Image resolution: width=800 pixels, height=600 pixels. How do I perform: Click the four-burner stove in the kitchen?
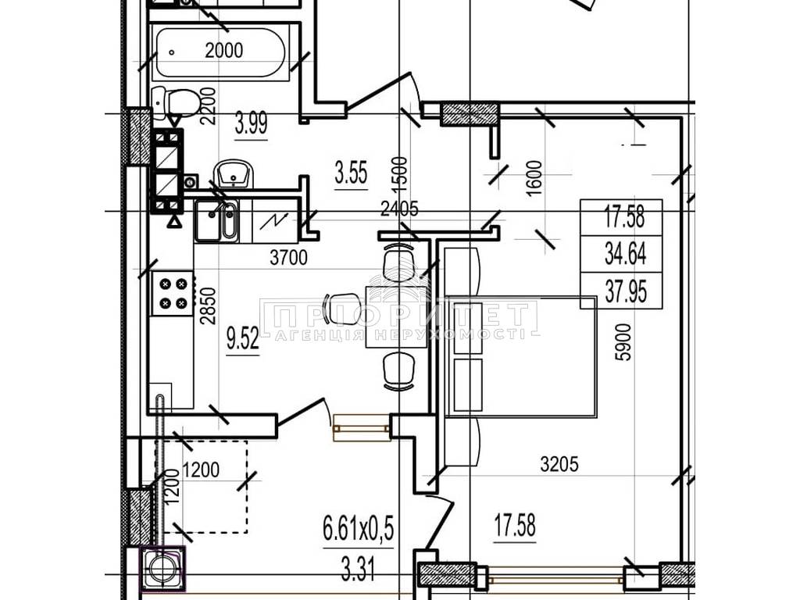[173, 294]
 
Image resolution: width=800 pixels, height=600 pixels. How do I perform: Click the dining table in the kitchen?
[396, 317]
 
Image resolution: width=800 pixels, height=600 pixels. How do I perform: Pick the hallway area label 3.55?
[351, 172]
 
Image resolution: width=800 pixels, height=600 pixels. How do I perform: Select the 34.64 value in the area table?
[626, 254]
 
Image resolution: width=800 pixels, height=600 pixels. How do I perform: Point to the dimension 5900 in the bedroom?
[623, 342]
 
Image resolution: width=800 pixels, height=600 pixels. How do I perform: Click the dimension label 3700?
[289, 258]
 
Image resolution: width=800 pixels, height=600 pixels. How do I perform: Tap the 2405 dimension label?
[401, 209]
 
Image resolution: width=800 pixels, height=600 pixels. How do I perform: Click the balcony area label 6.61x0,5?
[359, 528]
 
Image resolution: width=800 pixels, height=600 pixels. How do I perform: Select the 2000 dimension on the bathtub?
[224, 50]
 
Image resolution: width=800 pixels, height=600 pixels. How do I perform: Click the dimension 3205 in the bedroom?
[559, 464]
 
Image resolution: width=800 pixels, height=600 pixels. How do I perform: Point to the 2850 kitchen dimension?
[209, 306]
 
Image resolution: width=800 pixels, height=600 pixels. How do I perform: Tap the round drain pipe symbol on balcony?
[162, 567]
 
